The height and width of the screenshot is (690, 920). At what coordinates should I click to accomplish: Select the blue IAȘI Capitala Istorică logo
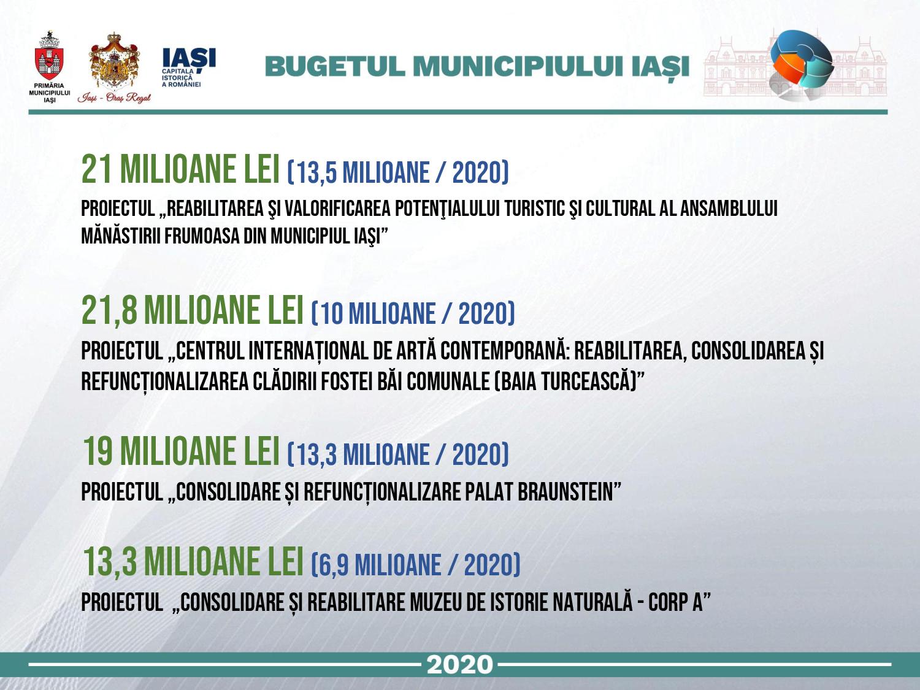189,67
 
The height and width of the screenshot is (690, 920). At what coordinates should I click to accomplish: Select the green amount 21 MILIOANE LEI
180,169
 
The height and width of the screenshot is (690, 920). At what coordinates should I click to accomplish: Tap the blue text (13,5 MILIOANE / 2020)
398,172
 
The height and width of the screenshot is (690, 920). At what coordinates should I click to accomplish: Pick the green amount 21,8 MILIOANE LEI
193,310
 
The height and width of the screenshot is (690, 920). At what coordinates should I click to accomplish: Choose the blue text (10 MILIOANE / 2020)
413,313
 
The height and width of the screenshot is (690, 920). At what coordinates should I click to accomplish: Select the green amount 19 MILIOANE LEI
181,451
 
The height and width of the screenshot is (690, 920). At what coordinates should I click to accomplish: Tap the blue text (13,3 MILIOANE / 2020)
398,454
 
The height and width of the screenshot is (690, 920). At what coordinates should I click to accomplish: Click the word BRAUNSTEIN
565,492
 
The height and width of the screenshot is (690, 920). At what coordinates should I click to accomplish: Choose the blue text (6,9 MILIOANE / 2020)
415,565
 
